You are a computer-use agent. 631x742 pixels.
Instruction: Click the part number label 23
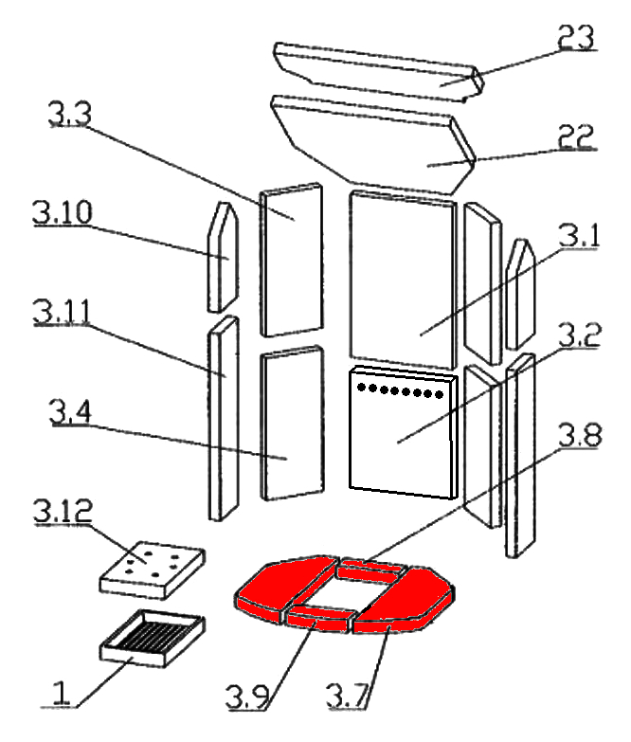[576, 36]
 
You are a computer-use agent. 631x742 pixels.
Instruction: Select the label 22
[576, 136]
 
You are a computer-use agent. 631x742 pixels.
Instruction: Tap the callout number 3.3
[69, 114]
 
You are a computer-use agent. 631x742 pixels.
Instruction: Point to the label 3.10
[62, 212]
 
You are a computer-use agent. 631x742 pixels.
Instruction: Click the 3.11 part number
[61, 312]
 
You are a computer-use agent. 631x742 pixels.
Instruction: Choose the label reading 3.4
[70, 411]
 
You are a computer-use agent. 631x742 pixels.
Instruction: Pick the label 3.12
[63, 511]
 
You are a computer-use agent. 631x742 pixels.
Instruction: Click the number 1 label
[61, 694]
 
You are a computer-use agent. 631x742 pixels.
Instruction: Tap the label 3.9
[247, 697]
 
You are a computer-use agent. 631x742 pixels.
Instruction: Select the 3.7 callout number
[347, 697]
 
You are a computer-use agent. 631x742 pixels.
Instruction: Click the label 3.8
[580, 435]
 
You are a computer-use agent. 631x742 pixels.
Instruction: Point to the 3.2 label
[580, 335]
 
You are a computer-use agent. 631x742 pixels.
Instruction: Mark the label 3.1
[579, 236]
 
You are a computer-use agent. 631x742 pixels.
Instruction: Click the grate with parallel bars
[153, 639]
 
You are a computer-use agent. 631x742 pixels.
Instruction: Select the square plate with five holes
[153, 570]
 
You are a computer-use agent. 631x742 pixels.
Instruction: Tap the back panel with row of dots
[404, 432]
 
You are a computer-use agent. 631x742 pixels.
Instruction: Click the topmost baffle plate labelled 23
[378, 71]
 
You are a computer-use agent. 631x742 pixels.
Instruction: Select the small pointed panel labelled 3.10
[224, 257]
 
